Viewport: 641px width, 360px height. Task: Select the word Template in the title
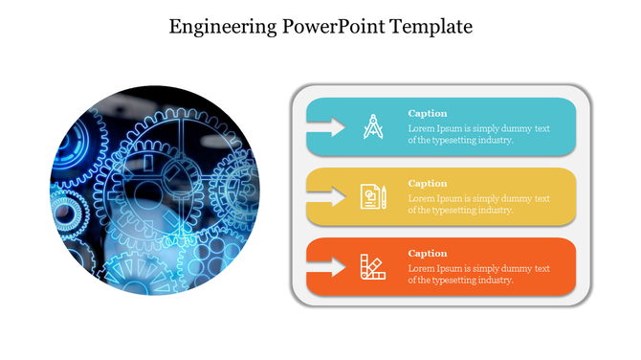[x=431, y=26]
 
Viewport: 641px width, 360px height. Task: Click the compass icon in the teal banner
[x=372, y=126]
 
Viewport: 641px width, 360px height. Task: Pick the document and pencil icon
[x=372, y=196]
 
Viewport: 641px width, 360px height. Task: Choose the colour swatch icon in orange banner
[x=372, y=266]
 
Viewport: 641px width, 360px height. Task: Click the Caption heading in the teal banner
[x=428, y=113]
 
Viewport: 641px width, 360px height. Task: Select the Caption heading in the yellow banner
[x=428, y=183]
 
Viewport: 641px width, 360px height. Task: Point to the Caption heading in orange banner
[x=428, y=253]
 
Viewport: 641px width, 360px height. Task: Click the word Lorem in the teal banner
[x=421, y=128]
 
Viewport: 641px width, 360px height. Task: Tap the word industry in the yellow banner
[x=494, y=210]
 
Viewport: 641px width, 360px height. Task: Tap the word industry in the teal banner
[x=494, y=140]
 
